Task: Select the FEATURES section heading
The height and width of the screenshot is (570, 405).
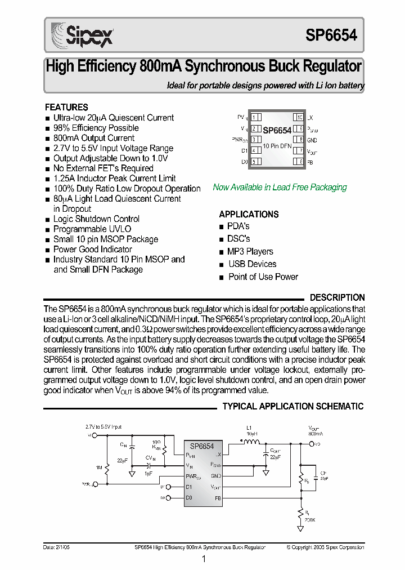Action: [x=66, y=107]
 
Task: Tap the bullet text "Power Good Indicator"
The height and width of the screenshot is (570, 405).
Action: [x=93, y=250]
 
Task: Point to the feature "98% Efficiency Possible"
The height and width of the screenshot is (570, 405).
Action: [x=96, y=128]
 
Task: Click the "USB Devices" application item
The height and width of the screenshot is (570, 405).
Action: [x=252, y=264]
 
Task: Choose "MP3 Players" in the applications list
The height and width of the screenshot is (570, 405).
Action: [x=250, y=252]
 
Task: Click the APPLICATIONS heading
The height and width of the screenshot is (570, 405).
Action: [x=249, y=215]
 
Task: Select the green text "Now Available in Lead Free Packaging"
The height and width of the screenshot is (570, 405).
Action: [x=280, y=188]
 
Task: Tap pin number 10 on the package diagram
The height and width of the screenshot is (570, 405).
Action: [x=299, y=118]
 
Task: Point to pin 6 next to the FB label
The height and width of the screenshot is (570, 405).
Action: [x=301, y=162]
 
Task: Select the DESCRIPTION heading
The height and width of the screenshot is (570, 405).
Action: [x=337, y=297]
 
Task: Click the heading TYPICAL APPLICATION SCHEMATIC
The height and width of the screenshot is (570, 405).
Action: [x=293, y=406]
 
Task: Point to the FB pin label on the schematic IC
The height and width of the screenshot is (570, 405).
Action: [x=218, y=498]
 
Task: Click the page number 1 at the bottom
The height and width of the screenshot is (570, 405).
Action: [x=204, y=559]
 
